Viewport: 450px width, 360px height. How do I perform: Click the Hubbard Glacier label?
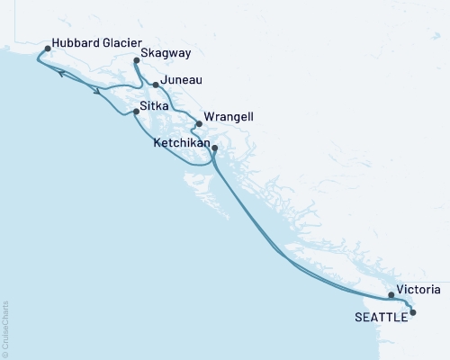94,42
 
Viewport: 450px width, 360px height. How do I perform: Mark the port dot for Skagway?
136,60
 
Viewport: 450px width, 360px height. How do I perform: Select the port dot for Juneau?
156,85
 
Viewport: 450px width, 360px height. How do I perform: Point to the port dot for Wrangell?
198,124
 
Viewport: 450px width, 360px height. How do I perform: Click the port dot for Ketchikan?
214,148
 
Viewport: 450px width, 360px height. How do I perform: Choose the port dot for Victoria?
391,294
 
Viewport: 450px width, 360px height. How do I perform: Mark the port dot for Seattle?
413,312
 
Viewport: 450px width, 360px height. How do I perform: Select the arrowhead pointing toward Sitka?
94,90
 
